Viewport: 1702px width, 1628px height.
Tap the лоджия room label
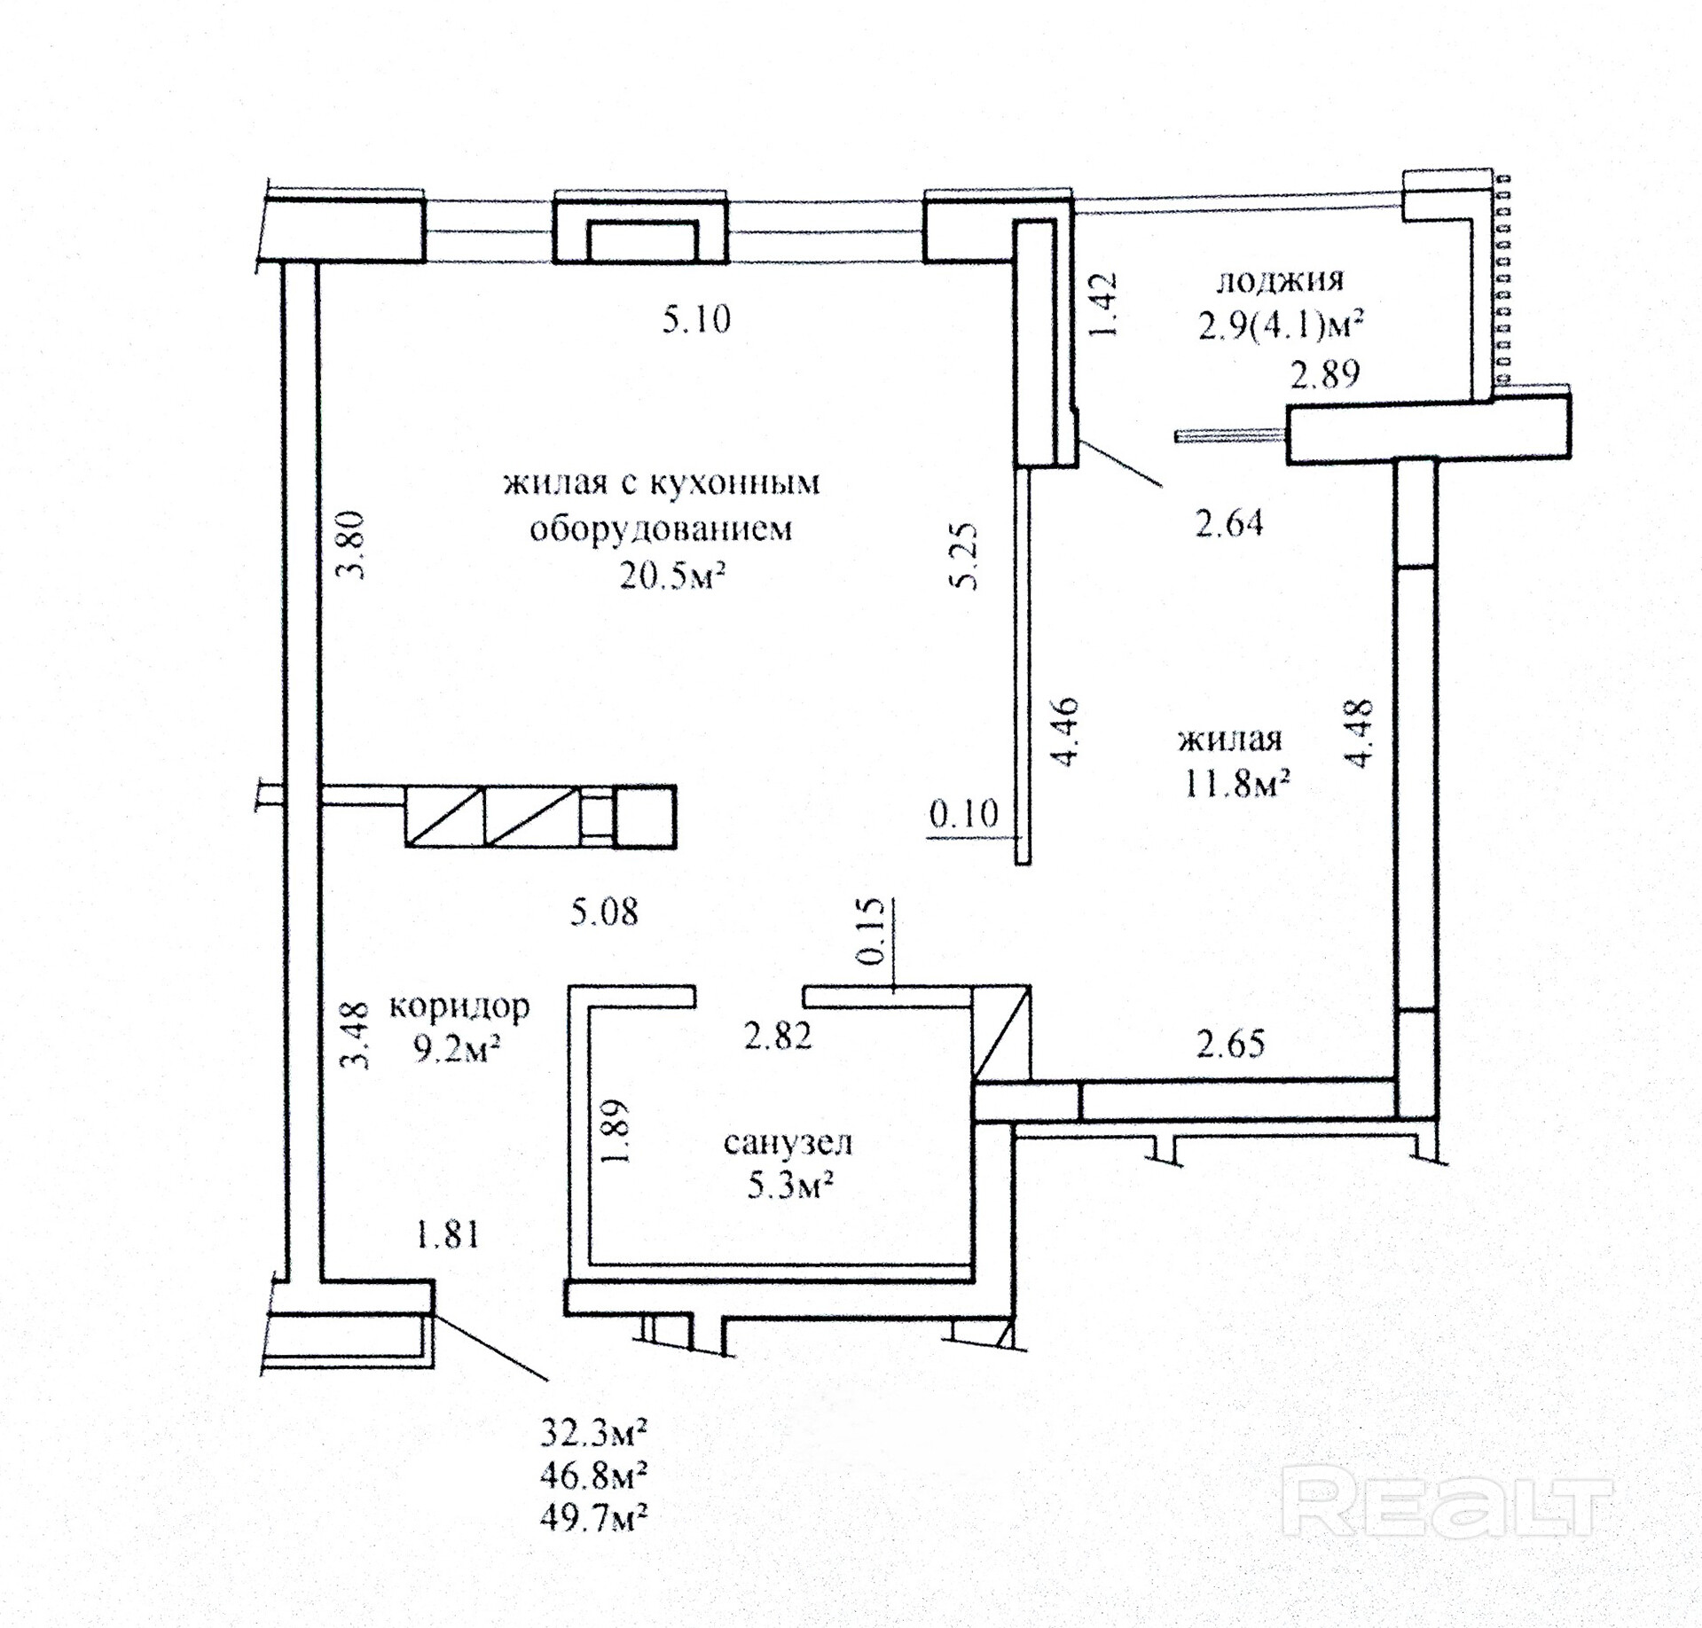pyautogui.click(x=1279, y=281)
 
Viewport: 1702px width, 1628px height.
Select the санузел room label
pyautogui.click(x=788, y=1142)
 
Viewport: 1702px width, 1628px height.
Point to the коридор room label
pyautogui.click(x=459, y=1006)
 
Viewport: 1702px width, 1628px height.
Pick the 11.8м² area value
pyautogui.click(x=1235, y=784)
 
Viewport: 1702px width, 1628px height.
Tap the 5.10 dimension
pyautogui.click(x=696, y=319)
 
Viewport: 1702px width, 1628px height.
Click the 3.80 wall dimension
pyautogui.click(x=352, y=544)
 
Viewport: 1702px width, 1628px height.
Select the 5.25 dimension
pyautogui.click(x=963, y=556)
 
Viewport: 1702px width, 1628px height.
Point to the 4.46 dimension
pyautogui.click(x=1063, y=732)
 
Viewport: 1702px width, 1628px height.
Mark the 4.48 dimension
pyautogui.click(x=1359, y=732)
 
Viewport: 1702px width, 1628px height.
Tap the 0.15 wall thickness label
pyautogui.click(x=873, y=931)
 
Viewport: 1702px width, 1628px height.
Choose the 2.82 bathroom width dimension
pyautogui.click(x=777, y=1036)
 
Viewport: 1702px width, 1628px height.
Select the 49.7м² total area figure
pyautogui.click(x=592, y=1517)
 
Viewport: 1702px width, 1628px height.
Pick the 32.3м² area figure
pyautogui.click(x=592, y=1431)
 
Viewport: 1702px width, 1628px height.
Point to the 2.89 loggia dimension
pyautogui.click(x=1324, y=374)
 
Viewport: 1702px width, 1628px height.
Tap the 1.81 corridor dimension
pyautogui.click(x=448, y=1234)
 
